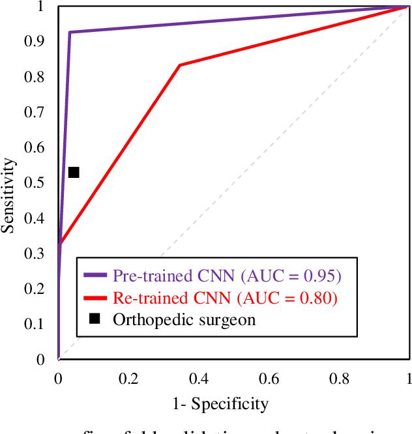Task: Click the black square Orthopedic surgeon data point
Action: point(74,172)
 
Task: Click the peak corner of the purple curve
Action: point(70,32)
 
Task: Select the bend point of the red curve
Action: point(180,65)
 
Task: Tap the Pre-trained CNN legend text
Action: point(227,276)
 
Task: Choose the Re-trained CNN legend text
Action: point(225,298)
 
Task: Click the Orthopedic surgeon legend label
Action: point(184,319)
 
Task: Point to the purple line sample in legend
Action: point(95,276)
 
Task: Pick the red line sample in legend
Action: point(95,298)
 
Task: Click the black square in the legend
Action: point(95,319)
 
